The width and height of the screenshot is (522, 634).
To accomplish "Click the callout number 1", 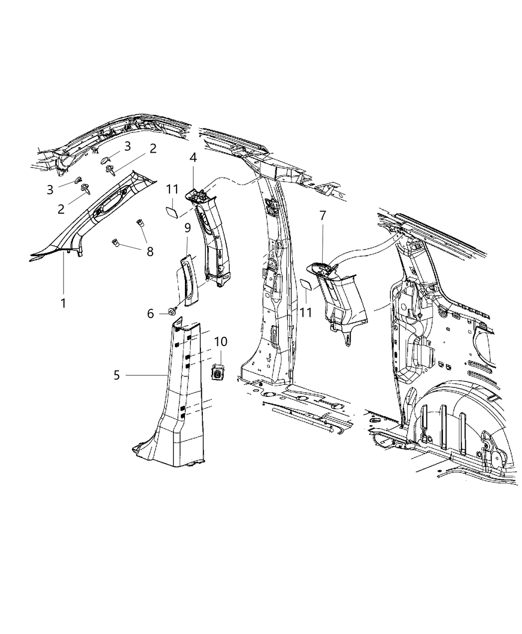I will point(63,303).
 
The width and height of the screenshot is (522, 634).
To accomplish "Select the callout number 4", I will point(193,158).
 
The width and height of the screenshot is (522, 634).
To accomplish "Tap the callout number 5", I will point(116,375).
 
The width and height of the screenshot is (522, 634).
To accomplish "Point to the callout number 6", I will point(150,313).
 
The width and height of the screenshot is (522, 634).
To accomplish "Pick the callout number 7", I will point(323,216).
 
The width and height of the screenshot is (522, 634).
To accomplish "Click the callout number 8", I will point(150,252).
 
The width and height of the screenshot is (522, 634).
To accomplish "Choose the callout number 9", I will point(187,228).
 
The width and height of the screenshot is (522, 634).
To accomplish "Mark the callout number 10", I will point(221,342).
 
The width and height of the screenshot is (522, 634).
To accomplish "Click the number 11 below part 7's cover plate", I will point(305,313).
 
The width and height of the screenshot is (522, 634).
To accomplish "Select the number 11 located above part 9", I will point(172,189).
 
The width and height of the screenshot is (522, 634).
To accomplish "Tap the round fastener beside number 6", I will point(172,311).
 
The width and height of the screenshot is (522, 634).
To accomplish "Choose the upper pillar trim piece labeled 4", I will point(214,234).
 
